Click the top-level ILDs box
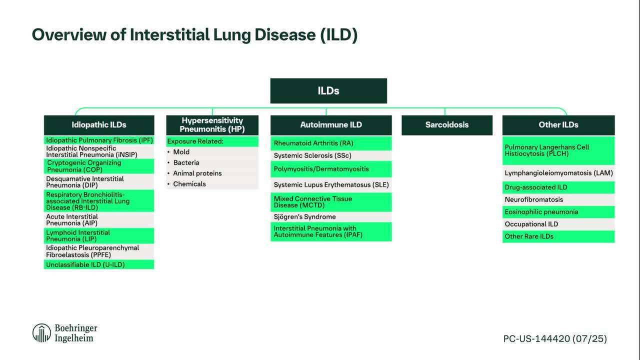point(328,91)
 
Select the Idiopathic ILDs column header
point(99,125)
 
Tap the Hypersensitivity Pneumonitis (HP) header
point(212,125)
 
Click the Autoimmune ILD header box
point(331,125)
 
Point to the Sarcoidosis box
point(447,125)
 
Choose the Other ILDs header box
point(558,125)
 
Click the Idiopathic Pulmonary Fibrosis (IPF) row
point(99,140)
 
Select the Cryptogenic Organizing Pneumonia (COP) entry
point(99,166)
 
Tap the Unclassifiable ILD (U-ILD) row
point(99,264)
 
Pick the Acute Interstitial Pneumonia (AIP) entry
point(99,219)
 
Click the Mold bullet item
point(181,152)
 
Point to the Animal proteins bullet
point(197,173)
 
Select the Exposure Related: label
point(195,141)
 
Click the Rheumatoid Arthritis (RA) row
point(331,143)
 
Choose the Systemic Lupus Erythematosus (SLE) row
point(331,185)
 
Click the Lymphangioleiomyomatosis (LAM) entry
point(558,173)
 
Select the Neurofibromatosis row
point(558,199)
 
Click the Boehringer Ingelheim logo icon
point(41,333)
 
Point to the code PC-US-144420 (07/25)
point(555,338)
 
